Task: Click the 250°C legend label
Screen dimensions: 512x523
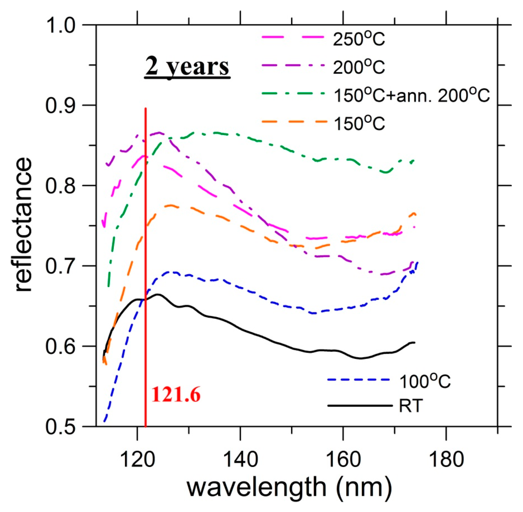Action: click(x=359, y=40)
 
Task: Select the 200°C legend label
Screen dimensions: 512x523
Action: click(x=359, y=68)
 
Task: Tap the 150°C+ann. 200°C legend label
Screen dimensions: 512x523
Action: click(x=411, y=95)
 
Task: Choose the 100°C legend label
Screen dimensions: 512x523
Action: click(x=425, y=381)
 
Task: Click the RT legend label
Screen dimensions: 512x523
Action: click(x=411, y=406)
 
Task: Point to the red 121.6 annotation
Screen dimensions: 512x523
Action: click(x=176, y=395)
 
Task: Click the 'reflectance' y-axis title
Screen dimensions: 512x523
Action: click(x=23, y=224)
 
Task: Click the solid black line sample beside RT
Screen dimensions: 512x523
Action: click(x=360, y=406)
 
